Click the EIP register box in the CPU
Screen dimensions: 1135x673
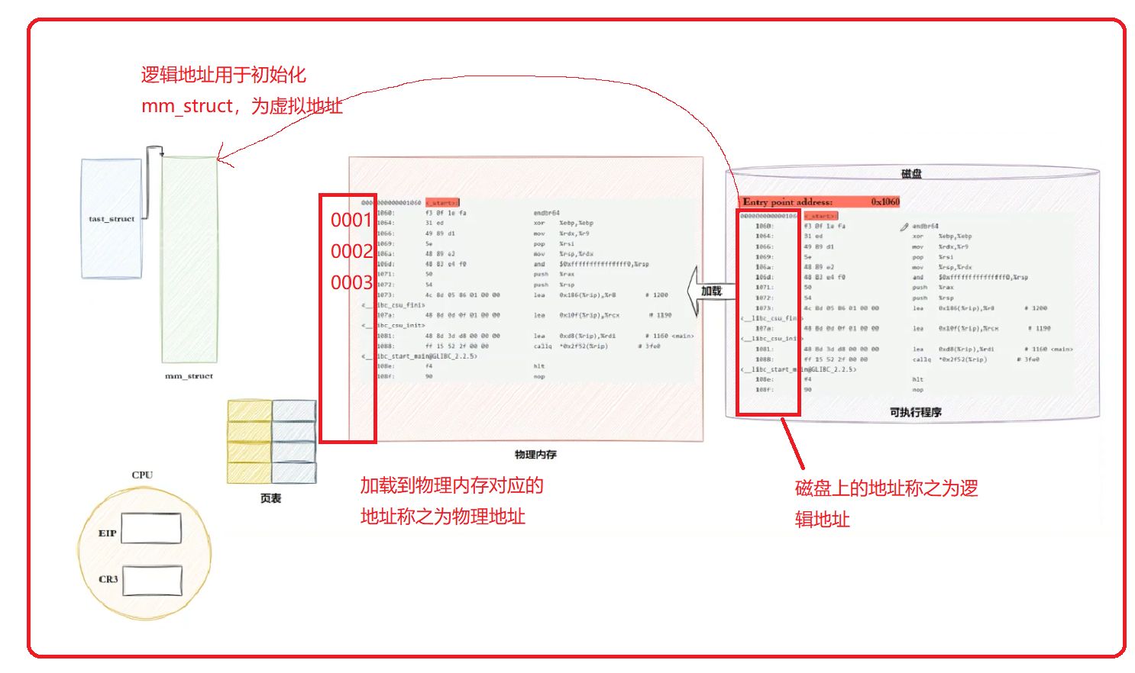[x=151, y=528]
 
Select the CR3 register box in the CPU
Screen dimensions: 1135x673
[x=153, y=580]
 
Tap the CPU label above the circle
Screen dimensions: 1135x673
[x=142, y=475]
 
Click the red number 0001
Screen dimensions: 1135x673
[x=351, y=221]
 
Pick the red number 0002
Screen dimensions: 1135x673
[x=351, y=252]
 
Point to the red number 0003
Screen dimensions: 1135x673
[x=351, y=283]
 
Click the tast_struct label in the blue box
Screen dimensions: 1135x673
[x=112, y=219]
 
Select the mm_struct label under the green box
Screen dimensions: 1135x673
[x=189, y=376]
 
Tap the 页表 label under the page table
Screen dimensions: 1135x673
[x=271, y=498]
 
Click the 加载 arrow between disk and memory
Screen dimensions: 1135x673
[x=707, y=291]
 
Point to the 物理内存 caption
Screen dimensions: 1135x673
[x=535, y=455]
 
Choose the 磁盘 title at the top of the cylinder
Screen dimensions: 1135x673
[x=911, y=174]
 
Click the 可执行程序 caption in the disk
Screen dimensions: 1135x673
[x=915, y=412]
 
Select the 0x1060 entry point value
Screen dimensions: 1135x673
[x=885, y=202]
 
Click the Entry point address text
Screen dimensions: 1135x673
[x=787, y=202]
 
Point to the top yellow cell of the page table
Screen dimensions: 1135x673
[x=249, y=411]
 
